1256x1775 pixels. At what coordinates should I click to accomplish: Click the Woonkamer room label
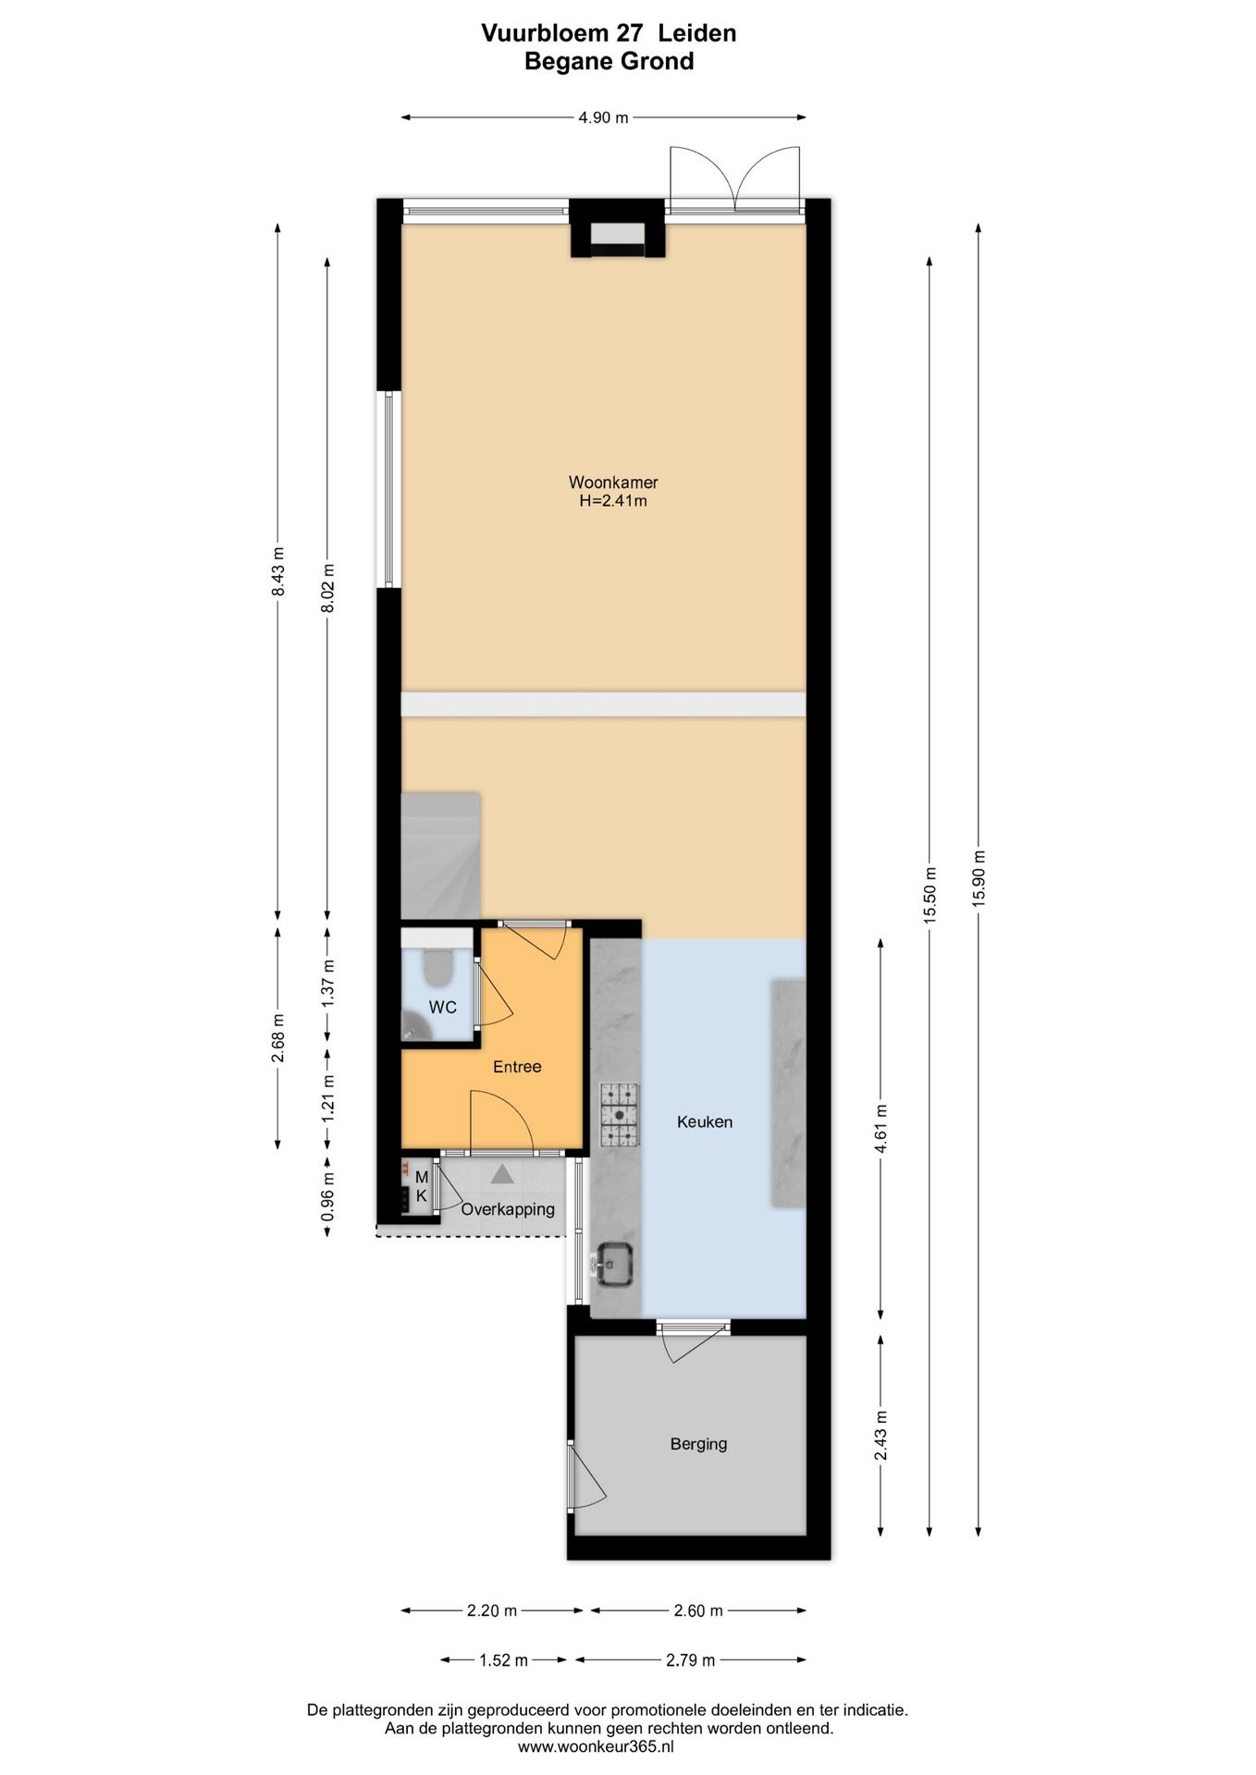[613, 482]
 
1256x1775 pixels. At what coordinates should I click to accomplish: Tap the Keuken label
[705, 1121]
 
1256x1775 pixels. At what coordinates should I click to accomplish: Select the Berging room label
[698, 1443]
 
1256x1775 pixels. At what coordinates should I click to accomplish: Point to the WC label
[443, 1007]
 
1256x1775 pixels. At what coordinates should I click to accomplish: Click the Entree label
[517, 1066]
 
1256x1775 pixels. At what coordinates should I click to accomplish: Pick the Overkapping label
[508, 1208]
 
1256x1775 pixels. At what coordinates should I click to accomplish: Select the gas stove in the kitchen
[619, 1114]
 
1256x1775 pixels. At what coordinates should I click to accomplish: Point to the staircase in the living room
[440, 855]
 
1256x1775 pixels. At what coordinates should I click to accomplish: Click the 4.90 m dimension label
[603, 117]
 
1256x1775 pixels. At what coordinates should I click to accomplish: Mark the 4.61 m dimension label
[880, 1129]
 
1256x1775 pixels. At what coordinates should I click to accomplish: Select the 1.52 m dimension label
[503, 1660]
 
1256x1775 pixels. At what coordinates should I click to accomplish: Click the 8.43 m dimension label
[277, 571]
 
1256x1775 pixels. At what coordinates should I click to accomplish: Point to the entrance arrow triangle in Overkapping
[501, 1174]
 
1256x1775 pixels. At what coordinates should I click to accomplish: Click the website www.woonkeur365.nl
[596, 1746]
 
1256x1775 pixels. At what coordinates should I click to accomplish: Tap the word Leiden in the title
[697, 33]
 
